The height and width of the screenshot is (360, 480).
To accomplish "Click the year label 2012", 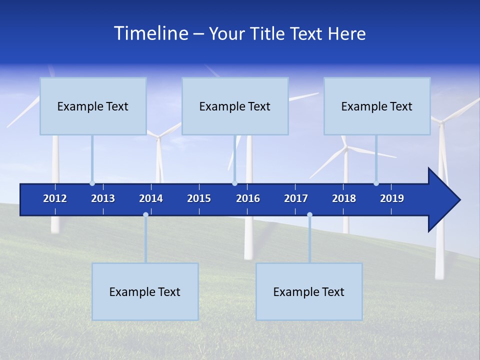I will pyautogui.click(x=55, y=198).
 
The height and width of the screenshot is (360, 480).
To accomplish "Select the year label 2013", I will pyautogui.click(x=103, y=198).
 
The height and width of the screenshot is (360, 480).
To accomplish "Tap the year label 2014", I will pyautogui.click(x=151, y=198).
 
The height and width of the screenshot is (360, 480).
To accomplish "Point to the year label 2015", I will pyautogui.click(x=199, y=198).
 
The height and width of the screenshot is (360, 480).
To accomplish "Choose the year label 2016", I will pyautogui.click(x=248, y=198).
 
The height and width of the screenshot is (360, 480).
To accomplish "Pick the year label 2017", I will pyautogui.click(x=296, y=198).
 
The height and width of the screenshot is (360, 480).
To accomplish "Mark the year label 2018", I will pyautogui.click(x=344, y=198).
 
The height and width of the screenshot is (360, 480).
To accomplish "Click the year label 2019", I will pyautogui.click(x=392, y=198).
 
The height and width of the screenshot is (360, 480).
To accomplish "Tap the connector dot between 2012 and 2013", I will pyautogui.click(x=92, y=183).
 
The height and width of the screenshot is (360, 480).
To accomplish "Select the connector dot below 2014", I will pyautogui.click(x=145, y=215).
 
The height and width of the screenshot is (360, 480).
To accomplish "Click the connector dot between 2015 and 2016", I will pyautogui.click(x=234, y=183).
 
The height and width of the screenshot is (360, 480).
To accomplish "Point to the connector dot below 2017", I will pyautogui.click(x=309, y=215).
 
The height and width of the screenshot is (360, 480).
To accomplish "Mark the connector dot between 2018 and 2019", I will pyautogui.click(x=376, y=183).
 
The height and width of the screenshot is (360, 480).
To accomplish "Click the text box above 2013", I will pyautogui.click(x=93, y=106).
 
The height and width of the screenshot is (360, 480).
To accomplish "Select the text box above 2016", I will pyautogui.click(x=235, y=106).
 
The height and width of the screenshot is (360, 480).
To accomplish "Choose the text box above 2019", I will pyautogui.click(x=377, y=106).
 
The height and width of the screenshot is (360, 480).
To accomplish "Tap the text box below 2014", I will pyautogui.click(x=145, y=291).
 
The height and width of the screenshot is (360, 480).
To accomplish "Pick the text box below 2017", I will pyautogui.click(x=309, y=291).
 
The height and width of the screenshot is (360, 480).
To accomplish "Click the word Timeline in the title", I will pyautogui.click(x=150, y=33).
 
